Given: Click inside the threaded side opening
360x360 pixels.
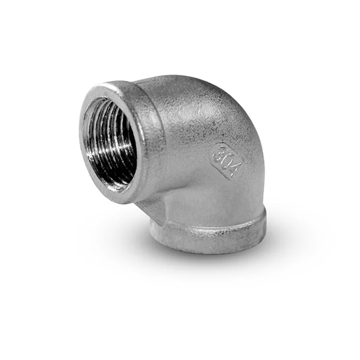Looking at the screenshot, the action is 110,144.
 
